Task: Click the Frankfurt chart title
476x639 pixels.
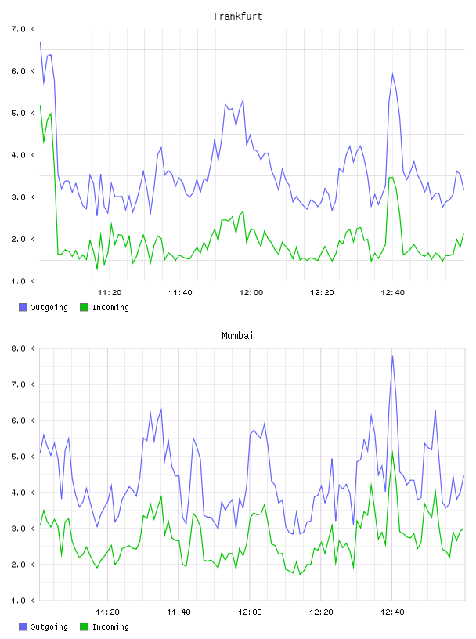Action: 238,16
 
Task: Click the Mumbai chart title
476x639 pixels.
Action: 237,335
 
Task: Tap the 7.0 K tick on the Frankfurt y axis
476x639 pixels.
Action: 23,29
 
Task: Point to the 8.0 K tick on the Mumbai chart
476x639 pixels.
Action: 23,348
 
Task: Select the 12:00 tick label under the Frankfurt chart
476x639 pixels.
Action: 251,292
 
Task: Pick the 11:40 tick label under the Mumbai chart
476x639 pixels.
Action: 178,612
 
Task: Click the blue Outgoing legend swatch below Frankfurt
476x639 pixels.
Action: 23,307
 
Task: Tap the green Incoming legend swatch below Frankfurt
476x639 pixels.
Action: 84,307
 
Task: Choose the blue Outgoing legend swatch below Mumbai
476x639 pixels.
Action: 23,626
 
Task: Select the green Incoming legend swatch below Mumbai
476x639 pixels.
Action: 84,626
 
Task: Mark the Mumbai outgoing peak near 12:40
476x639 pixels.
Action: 392,356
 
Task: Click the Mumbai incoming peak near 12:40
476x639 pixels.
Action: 392,452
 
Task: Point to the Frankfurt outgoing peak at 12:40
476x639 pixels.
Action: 392,74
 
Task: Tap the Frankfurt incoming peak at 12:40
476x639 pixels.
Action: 392,177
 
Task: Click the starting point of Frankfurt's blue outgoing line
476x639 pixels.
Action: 41,42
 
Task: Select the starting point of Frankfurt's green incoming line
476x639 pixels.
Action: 41,105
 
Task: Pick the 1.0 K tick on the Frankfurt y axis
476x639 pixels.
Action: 23,281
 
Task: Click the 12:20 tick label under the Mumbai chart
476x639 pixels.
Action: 321,612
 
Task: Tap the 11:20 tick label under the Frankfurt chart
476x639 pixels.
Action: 110,292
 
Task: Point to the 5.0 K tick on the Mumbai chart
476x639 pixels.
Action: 23,457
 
